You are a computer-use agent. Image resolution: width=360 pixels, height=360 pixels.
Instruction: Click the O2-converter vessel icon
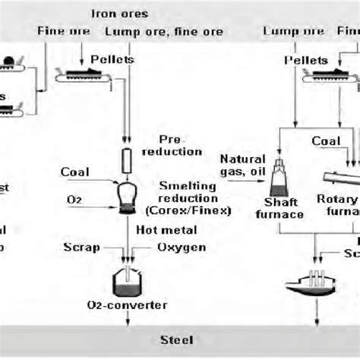127,283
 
